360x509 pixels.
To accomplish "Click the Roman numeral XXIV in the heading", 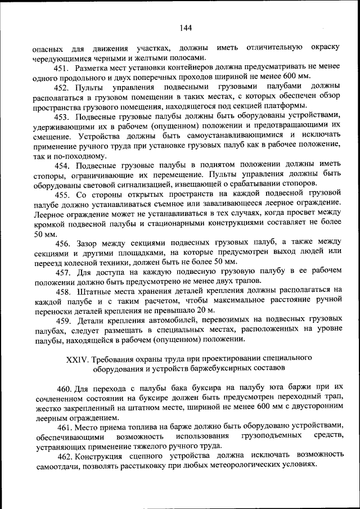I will click(x=78, y=358).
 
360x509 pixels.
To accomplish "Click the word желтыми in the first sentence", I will click(x=151, y=58).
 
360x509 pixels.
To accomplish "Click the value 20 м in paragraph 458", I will click(x=205, y=310).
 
